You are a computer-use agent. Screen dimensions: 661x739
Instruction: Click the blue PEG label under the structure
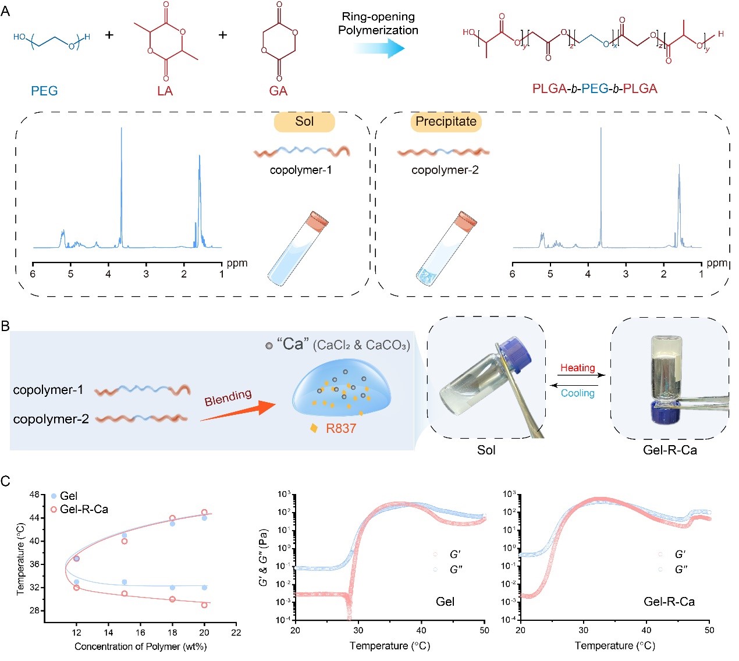point(44,91)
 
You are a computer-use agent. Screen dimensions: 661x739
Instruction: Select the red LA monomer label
point(165,91)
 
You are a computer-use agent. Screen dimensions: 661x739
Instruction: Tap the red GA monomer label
point(278,91)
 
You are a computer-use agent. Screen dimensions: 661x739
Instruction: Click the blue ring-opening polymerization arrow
point(379,49)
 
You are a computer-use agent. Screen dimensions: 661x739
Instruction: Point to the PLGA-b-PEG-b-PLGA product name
point(594,89)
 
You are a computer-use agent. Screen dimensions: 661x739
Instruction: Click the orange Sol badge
point(304,122)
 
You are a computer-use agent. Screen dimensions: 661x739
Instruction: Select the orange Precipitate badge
point(446,122)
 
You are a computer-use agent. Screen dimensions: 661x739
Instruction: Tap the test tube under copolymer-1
point(297,249)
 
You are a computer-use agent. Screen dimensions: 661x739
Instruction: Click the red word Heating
point(577,368)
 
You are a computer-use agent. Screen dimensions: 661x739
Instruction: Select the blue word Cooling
point(577,393)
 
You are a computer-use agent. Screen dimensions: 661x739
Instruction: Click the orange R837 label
point(340,429)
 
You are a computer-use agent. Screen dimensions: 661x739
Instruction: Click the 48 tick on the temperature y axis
point(34,495)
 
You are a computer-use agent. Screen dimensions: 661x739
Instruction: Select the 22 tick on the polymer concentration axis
point(236,632)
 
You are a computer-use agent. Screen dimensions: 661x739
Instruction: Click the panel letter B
point(6,326)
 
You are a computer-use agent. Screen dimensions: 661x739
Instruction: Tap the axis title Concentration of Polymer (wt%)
point(140,646)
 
